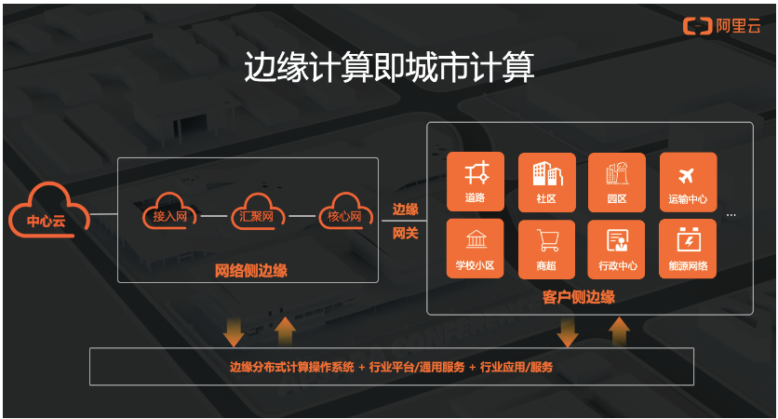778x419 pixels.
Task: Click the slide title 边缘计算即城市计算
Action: (388, 68)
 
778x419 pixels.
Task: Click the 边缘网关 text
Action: (405, 222)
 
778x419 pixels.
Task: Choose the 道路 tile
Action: (475, 182)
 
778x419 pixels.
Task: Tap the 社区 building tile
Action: (546, 182)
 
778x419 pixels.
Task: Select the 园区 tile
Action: (616, 182)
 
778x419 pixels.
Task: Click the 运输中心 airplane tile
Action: (688, 182)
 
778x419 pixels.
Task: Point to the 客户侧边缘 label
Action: (578, 298)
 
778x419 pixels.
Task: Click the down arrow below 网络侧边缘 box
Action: (234, 331)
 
